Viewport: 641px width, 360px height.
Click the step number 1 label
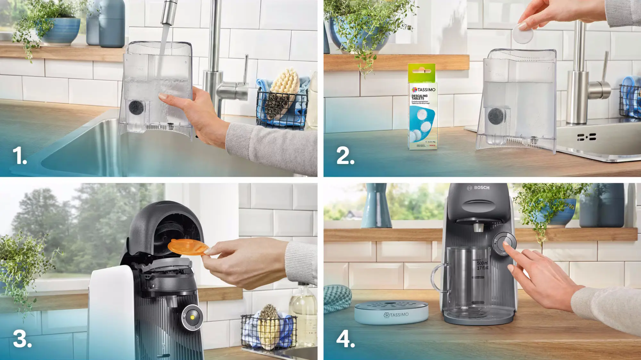(19, 156)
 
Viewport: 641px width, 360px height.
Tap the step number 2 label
(345, 156)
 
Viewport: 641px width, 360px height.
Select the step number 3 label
(22, 339)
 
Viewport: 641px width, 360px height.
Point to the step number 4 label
(345, 339)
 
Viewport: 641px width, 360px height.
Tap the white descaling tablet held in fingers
(523, 33)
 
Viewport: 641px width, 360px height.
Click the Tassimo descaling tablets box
(422, 107)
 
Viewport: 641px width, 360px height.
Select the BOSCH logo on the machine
(479, 188)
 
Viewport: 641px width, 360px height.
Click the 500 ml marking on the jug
(482, 263)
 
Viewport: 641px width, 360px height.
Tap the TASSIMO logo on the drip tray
(396, 315)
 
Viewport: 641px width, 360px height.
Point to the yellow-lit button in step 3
(192, 317)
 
